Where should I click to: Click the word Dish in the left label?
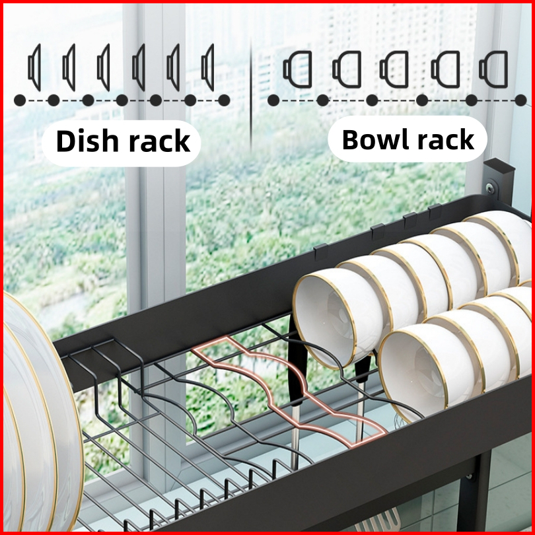(87, 141)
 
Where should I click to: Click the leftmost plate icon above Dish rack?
(34, 67)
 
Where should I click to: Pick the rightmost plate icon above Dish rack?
(208, 67)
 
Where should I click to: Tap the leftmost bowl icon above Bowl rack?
(297, 69)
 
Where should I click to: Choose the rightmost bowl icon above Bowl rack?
(493, 69)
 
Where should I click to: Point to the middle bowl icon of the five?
(394, 69)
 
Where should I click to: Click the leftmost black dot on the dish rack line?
(20, 100)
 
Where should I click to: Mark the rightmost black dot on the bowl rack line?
(520, 100)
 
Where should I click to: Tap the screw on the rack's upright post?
(490, 188)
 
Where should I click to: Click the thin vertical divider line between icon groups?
(251, 94)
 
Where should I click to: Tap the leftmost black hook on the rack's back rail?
(321, 252)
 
